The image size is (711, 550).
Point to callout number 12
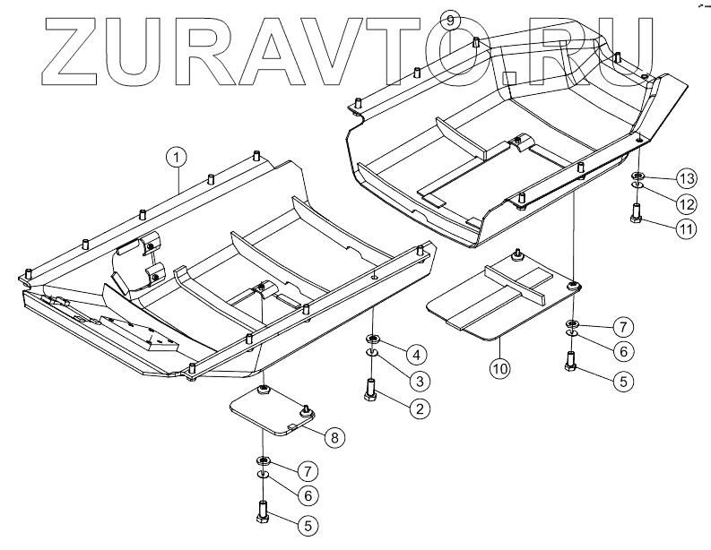(686, 202)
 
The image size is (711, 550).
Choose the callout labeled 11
(686, 229)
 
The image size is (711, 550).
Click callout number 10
(499, 365)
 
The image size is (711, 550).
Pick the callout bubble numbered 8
(332, 437)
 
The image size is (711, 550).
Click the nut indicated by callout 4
(371, 339)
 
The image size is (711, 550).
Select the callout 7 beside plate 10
(620, 325)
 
